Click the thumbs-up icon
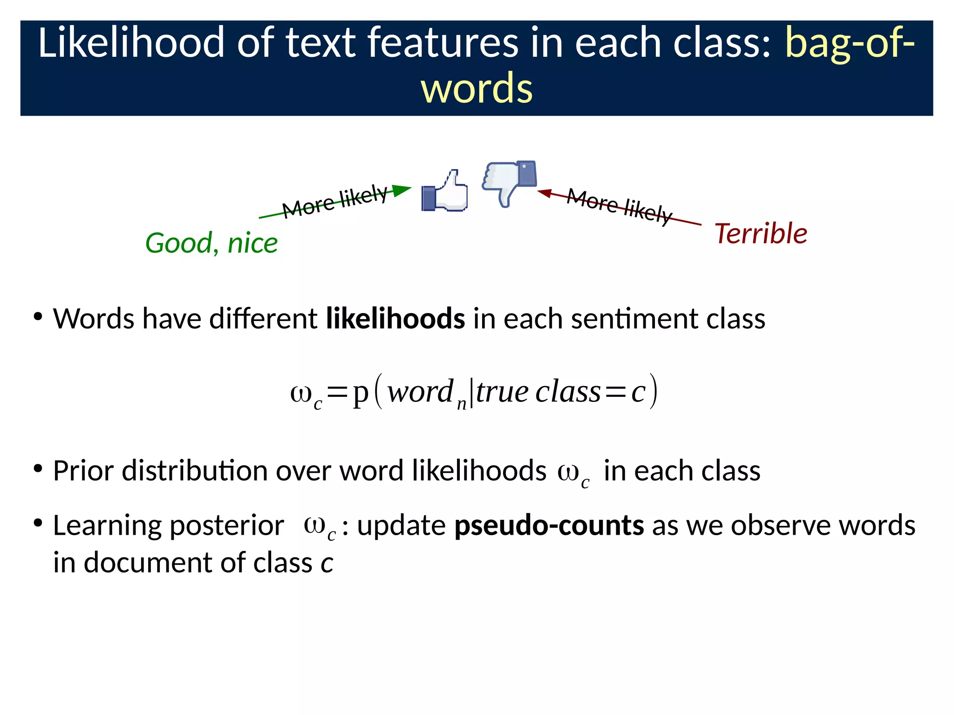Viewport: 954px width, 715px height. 445,192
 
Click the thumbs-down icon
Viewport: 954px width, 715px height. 508,182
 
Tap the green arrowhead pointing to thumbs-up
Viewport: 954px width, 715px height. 402,190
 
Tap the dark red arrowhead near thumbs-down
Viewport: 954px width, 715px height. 545,192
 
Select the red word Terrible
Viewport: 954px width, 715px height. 761,233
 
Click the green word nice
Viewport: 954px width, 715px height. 252,243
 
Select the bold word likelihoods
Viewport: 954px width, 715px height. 395,319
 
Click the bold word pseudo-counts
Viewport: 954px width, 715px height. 549,525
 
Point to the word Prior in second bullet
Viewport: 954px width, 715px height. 83,470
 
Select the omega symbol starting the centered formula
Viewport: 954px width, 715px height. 301,393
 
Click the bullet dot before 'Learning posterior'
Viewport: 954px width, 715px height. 38,523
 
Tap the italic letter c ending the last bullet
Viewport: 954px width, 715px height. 327,563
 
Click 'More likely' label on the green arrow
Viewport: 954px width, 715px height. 334,201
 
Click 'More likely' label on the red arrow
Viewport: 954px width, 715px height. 620,205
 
